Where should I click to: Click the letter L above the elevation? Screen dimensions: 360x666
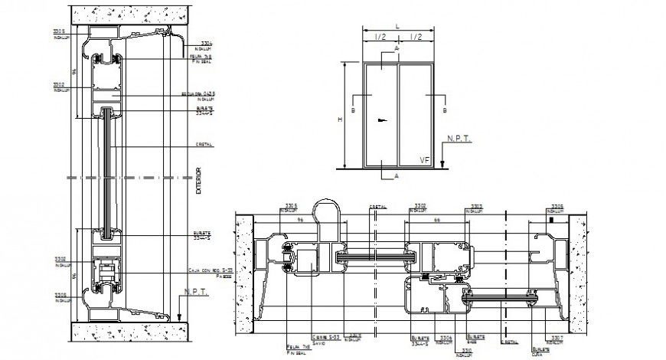tap(398, 27)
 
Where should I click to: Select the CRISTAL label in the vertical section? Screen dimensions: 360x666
tap(204, 144)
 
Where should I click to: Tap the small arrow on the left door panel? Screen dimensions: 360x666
tap(380, 120)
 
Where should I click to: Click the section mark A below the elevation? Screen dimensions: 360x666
tap(396, 175)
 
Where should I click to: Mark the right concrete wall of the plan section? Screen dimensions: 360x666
tap(579, 268)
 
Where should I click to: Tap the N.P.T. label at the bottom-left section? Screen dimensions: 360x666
tap(190, 292)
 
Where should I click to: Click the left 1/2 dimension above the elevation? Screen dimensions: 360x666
tap(380, 36)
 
